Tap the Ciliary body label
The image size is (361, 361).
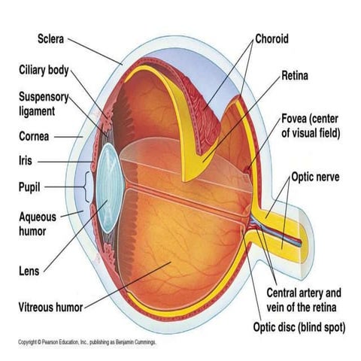[44, 71]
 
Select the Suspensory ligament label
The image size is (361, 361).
[44, 105]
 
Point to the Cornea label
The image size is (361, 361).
[35, 137]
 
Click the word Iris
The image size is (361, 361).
[26, 161]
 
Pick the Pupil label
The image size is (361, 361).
[29, 186]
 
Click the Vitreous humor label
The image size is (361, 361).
[50, 307]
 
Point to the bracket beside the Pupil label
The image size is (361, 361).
[90, 186]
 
